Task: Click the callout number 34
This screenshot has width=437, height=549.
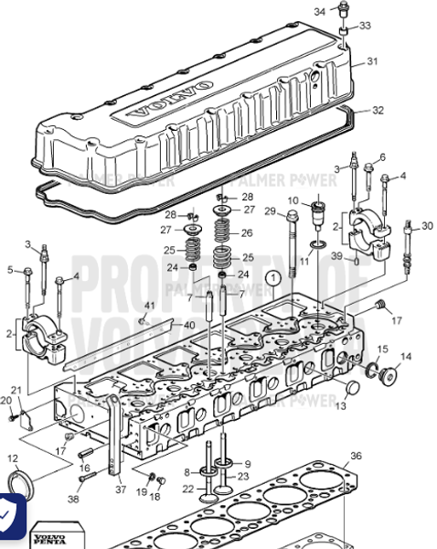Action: point(320,11)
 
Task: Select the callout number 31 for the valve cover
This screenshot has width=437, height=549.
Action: point(372,61)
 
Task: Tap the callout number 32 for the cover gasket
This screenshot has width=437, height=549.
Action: point(378,110)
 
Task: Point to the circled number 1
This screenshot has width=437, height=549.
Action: point(271,275)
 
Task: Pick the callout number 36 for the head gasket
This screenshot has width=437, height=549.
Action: point(357,455)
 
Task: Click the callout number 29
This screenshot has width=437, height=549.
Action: point(270,211)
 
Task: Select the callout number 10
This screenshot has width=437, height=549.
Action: point(293,199)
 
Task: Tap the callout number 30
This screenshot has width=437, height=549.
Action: point(428,226)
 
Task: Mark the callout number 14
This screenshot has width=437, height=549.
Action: point(407,356)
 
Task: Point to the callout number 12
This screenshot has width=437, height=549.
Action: point(12,457)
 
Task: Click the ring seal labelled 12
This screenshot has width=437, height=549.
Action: point(17,483)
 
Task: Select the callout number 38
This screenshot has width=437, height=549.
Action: point(74,500)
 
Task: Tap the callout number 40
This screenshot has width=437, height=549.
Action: point(189,324)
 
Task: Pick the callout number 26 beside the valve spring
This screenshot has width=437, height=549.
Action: point(247,232)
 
